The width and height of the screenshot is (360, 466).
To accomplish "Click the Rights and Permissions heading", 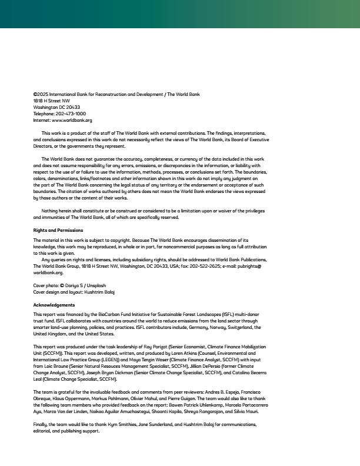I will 58,230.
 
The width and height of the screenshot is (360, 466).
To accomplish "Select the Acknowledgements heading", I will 54,305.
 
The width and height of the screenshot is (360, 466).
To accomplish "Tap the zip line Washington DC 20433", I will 56,107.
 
